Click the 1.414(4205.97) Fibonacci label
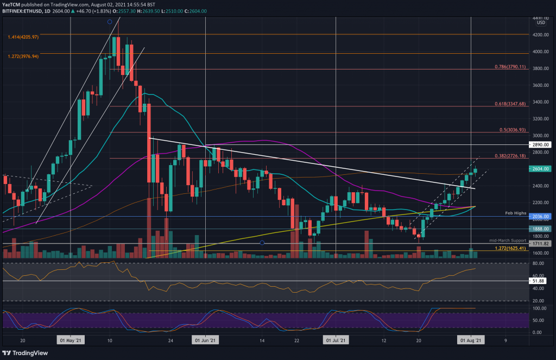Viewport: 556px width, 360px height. click(x=23, y=37)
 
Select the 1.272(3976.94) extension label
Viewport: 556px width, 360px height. click(x=23, y=56)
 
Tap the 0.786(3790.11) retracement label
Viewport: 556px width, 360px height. click(x=510, y=67)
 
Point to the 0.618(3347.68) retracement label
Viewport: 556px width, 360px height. click(x=510, y=104)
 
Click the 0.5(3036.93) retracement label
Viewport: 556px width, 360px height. click(x=512, y=130)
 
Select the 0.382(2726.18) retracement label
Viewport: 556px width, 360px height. click(x=510, y=156)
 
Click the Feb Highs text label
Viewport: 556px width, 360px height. click(x=515, y=213)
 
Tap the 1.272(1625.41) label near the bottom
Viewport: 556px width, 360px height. click(x=509, y=249)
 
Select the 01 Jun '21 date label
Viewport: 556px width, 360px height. click(x=205, y=340)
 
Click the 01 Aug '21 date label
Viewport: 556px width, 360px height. click(x=470, y=340)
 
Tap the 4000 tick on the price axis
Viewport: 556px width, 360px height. click(x=539, y=52)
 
